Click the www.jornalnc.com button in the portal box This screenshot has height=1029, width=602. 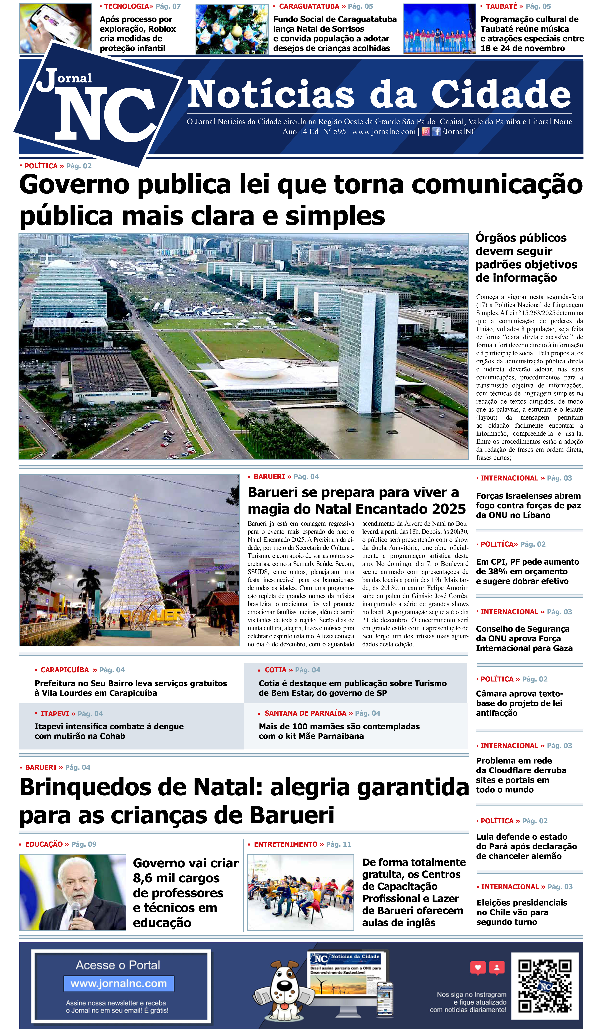pos(119,984)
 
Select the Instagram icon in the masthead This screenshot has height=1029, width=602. pos(426,132)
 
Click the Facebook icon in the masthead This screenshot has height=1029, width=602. pos(436,132)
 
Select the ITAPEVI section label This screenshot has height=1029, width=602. pos(55,714)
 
